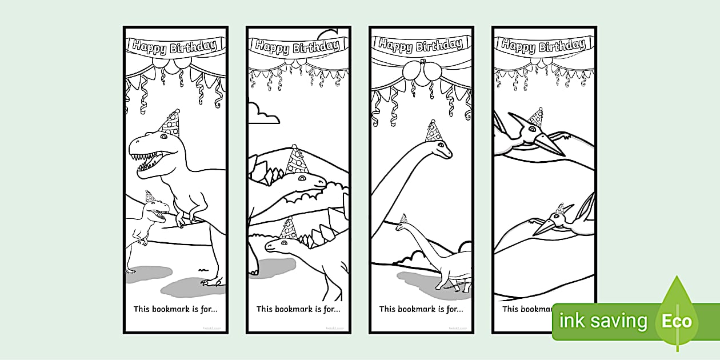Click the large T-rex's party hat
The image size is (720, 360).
(170, 123)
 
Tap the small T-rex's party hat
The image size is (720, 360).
(150, 197)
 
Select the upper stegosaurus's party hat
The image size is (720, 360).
(297, 161)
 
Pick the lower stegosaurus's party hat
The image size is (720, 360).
(289, 229)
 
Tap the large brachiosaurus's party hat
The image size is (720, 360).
(434, 131)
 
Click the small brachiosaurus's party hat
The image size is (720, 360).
(404, 218)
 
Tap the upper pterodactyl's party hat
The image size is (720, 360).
(535, 118)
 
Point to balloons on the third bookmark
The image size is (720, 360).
(422, 72)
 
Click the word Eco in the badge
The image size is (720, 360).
(677, 321)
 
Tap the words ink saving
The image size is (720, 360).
(603, 321)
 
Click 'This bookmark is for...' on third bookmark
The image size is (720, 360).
(421, 309)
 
